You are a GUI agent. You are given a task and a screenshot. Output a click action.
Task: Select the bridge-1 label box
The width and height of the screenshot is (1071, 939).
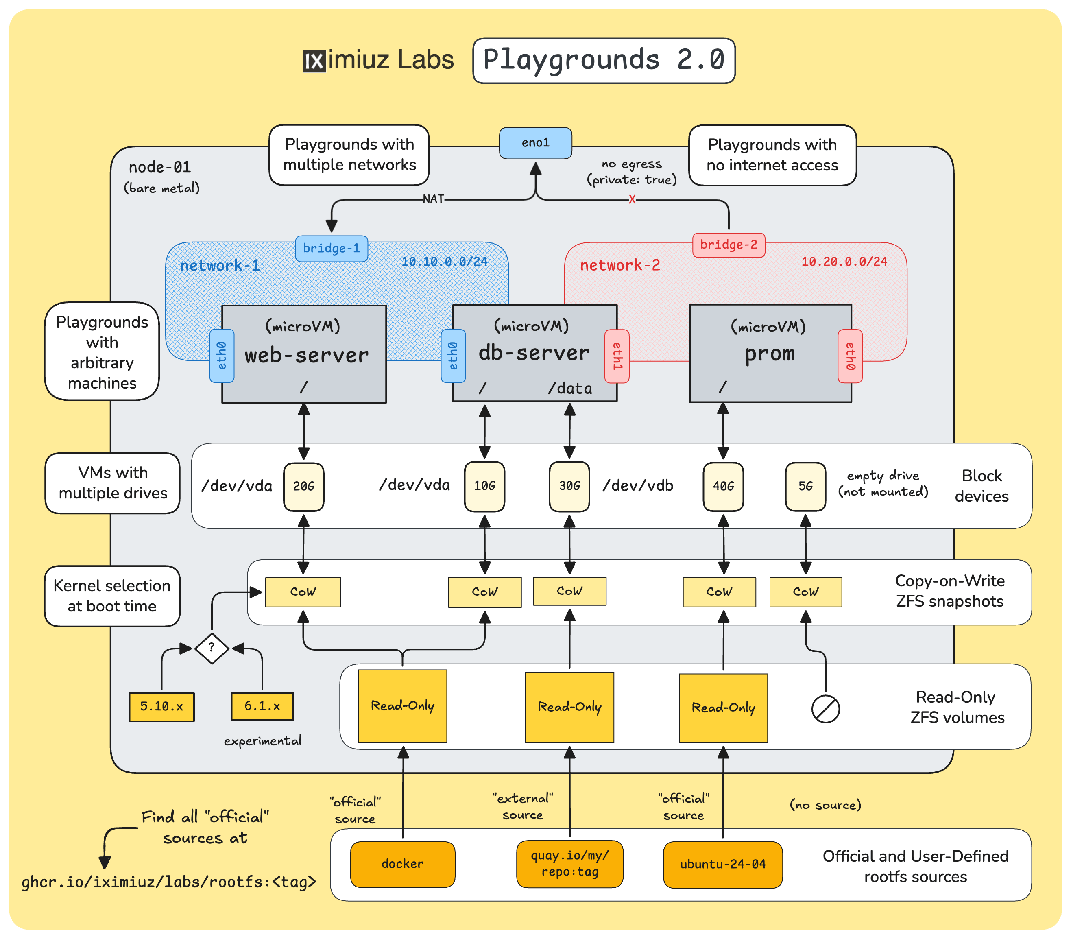pos(331,248)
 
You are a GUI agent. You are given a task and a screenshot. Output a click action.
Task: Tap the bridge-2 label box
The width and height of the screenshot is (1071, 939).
pos(729,245)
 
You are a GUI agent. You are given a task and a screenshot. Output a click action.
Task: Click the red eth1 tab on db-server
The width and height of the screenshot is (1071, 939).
pos(617,356)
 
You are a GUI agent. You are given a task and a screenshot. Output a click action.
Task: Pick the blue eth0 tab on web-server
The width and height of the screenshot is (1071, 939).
pos(222,356)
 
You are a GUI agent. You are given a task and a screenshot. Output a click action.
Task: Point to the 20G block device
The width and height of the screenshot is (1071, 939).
pos(303,486)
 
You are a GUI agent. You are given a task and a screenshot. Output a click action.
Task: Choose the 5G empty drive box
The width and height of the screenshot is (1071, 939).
pos(805,486)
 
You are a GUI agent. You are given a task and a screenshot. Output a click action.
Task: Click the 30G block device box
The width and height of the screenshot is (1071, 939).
pos(569,486)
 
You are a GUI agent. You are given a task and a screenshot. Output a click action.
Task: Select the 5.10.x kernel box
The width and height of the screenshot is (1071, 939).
pos(161,707)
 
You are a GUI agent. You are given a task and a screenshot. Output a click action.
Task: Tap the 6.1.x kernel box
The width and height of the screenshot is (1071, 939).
pos(262,706)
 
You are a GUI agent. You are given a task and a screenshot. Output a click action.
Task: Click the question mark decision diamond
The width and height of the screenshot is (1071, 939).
pos(211,648)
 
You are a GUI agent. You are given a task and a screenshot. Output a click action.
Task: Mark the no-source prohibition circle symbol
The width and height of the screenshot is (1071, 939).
pos(825,710)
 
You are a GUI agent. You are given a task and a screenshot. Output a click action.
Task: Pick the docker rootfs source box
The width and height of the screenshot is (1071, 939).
pos(402,864)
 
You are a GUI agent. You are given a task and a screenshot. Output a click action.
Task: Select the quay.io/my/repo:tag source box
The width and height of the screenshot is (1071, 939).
pos(569,864)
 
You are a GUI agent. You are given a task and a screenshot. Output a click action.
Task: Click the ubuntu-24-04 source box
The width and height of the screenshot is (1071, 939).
pos(722,865)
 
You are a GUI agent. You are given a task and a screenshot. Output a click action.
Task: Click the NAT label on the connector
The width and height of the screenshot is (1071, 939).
pos(433,199)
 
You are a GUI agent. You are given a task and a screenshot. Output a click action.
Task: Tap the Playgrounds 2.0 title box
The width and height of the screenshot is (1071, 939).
pos(604,60)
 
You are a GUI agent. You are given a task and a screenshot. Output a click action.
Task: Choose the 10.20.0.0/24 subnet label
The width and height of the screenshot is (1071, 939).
pos(844,262)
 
